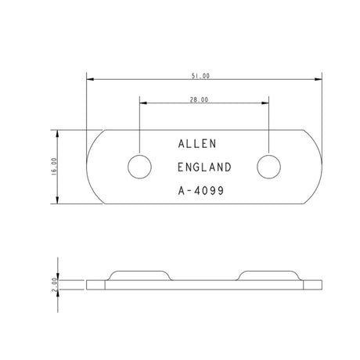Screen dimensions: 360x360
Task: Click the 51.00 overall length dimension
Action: (200, 75)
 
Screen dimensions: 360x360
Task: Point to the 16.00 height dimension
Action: (54, 166)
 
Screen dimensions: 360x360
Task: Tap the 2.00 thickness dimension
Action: (54, 284)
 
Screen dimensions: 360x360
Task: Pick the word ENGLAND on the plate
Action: (204, 167)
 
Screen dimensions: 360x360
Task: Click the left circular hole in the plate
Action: (139, 166)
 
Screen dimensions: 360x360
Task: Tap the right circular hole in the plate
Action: (269, 166)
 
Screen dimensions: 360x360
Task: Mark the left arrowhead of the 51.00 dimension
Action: (89, 79)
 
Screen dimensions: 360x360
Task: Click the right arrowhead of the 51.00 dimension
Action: (319, 79)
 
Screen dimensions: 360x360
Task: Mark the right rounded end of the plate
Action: (315, 166)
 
